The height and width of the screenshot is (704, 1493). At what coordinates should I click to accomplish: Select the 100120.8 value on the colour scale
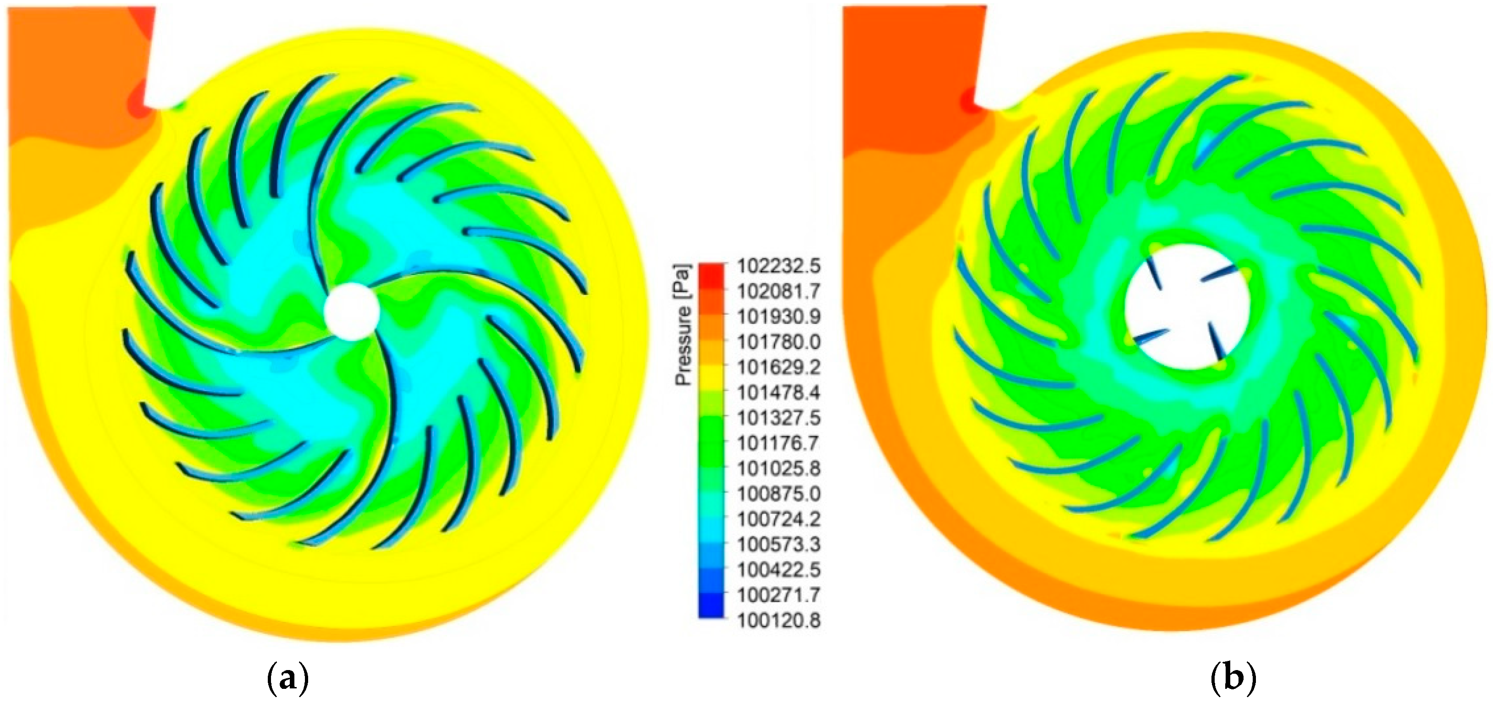[x=779, y=621]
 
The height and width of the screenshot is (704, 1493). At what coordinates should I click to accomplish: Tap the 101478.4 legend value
[x=779, y=393]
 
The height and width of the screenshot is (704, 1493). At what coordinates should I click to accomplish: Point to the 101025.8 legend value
[x=779, y=469]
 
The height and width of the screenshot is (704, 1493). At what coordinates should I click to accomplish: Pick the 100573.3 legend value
[x=779, y=544]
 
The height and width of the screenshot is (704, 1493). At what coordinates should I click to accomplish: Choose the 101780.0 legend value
[x=779, y=342]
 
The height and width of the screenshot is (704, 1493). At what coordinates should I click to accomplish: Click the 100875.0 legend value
[x=779, y=494]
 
